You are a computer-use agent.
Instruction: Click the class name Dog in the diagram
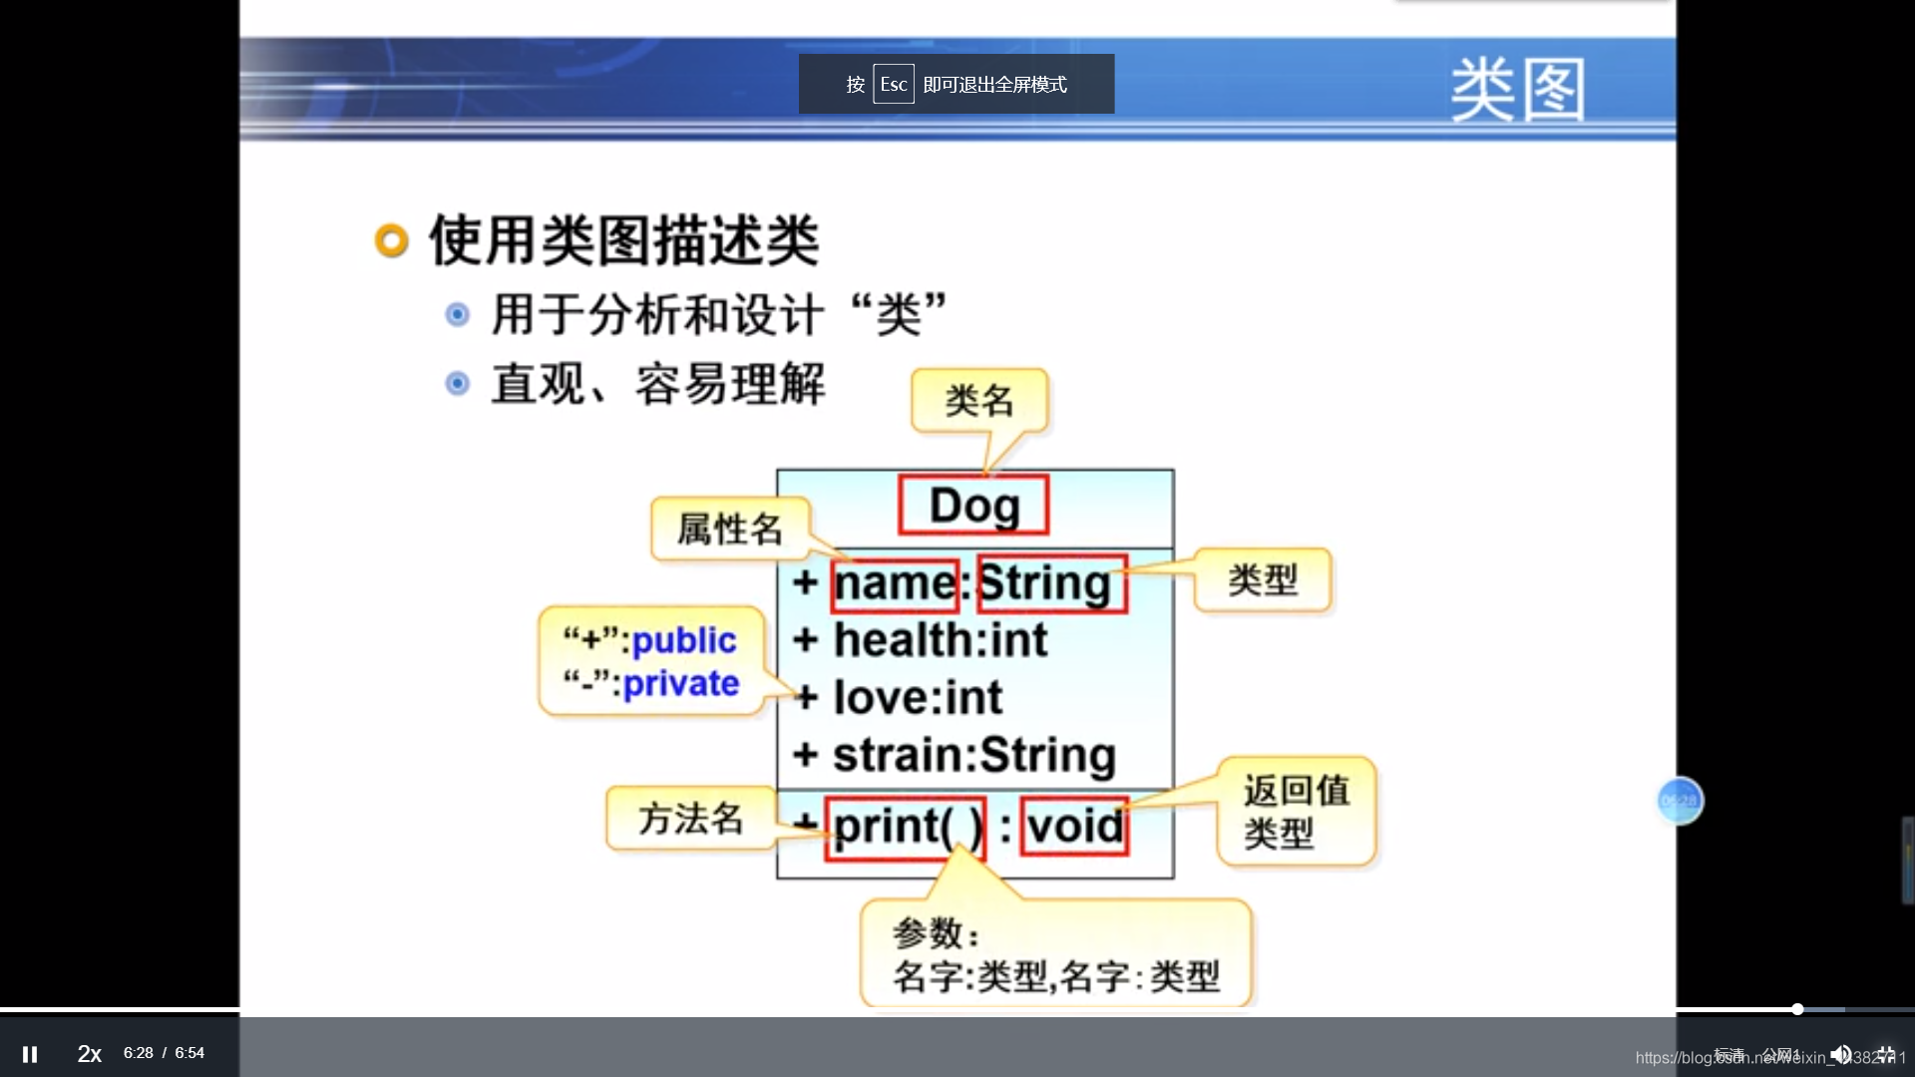973,506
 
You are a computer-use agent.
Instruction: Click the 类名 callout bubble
979,401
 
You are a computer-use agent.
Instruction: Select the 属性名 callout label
730,530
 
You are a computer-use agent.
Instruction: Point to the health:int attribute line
940,640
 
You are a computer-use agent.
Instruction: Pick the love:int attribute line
918,698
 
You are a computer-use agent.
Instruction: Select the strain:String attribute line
973,755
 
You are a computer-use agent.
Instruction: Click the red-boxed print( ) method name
905,827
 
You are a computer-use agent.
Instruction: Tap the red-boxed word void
1075,827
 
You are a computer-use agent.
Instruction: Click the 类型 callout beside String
1263,580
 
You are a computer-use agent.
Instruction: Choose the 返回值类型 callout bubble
1296,812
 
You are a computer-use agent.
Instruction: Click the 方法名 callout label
690,819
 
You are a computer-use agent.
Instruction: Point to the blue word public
684,640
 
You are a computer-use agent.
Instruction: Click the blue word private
681,684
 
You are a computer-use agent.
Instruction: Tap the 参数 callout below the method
1055,955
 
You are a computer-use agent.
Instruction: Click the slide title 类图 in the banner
1517,90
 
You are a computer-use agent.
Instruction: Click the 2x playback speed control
90,1053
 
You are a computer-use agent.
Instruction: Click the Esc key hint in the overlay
893,85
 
